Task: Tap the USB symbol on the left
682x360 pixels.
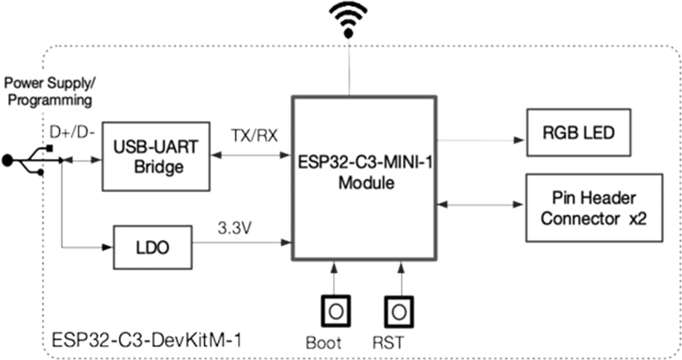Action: click(x=25, y=161)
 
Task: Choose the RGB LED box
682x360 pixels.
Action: click(x=578, y=133)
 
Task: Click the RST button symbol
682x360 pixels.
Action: click(x=399, y=311)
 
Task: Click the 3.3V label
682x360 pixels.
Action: click(x=235, y=227)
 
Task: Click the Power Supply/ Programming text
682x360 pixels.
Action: click(x=49, y=92)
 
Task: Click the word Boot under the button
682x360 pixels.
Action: click(x=323, y=343)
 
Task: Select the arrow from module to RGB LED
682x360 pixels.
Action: click(x=480, y=140)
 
